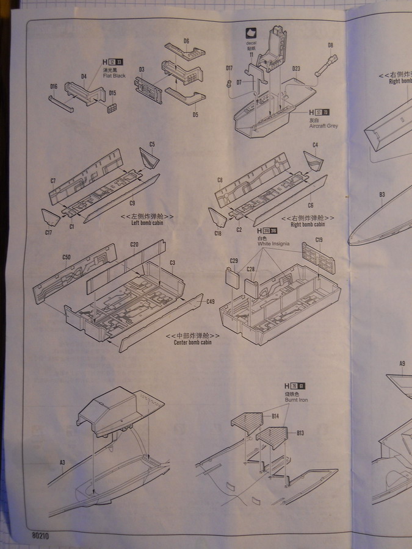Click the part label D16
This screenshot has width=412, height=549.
point(54,87)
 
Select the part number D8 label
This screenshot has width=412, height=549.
point(330,45)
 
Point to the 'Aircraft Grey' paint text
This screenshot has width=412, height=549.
point(323,126)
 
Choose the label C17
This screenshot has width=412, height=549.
point(49,232)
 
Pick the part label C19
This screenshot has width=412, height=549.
point(318,239)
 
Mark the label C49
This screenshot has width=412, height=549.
point(211,301)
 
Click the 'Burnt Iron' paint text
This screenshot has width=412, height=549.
point(295,400)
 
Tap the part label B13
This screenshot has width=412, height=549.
point(300,433)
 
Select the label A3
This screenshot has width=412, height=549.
point(62,462)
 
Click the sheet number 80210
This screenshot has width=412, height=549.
point(38,535)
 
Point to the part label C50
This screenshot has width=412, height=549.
point(67,257)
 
